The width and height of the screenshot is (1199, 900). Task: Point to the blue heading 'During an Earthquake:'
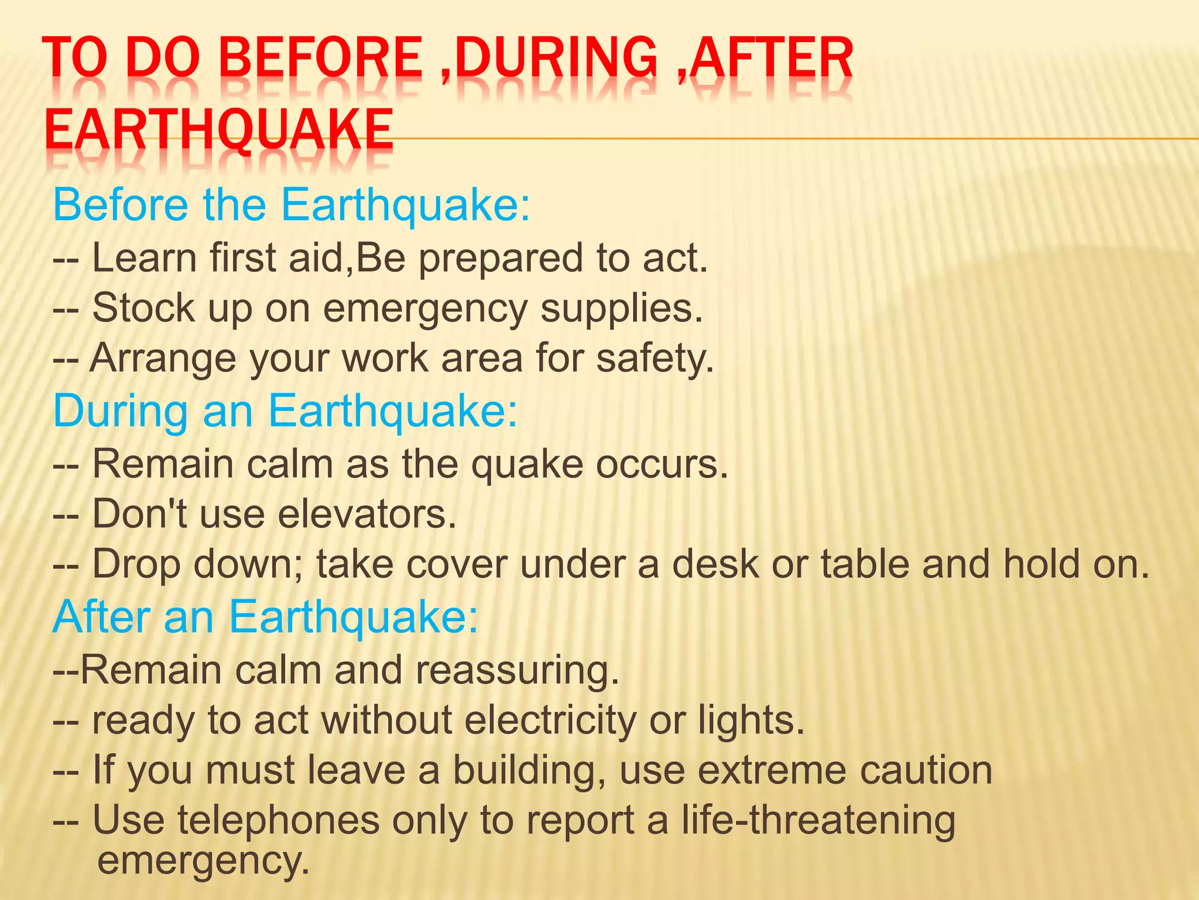point(285,411)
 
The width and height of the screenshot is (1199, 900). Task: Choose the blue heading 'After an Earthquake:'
point(265,617)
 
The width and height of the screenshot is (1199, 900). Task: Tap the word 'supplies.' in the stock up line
point(621,309)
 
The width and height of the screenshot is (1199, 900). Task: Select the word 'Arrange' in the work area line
point(162,359)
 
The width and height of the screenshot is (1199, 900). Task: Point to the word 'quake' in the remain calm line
point(527,464)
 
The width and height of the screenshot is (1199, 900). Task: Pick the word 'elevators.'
point(366,514)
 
